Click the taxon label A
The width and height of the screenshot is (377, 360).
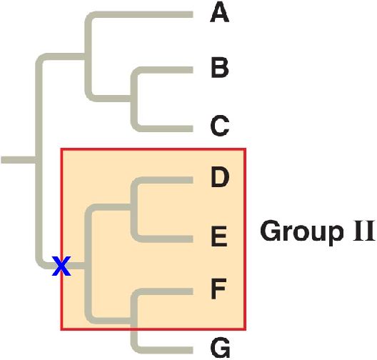[x=219, y=14]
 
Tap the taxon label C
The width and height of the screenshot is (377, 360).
[x=219, y=126]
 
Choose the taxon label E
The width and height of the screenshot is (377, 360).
[x=219, y=236]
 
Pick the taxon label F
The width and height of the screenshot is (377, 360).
[x=218, y=289]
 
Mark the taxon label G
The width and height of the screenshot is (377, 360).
[x=220, y=348]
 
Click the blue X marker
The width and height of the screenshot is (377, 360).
[x=61, y=266]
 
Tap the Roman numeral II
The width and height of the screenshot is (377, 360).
[x=363, y=231]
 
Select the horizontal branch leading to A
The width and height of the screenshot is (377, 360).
[x=142, y=14]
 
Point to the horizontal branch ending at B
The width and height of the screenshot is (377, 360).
[x=165, y=70]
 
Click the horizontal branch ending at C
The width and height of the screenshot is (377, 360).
[x=165, y=129]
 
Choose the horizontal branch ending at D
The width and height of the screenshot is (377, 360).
[x=165, y=180]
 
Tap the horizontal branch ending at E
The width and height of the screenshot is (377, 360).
[x=165, y=239]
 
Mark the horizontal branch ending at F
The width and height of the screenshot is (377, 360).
[x=165, y=291]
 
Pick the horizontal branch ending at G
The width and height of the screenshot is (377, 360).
[x=165, y=350]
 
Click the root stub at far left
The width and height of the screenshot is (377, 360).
[x=19, y=160]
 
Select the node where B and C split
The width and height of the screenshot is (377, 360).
[x=134, y=98]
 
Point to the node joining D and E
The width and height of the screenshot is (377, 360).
[x=134, y=207]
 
